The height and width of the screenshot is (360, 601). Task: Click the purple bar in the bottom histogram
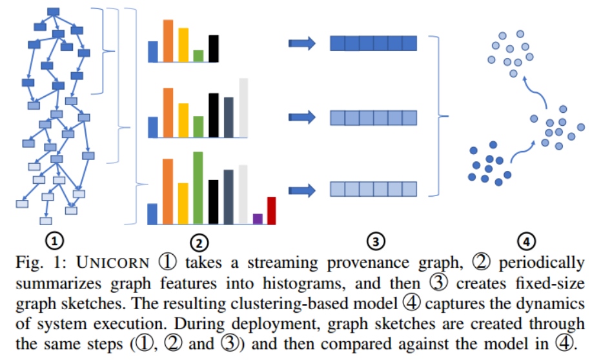[x=258, y=219]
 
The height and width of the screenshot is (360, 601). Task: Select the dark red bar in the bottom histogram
[x=271, y=210]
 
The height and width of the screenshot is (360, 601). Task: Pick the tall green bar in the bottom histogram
[x=198, y=188]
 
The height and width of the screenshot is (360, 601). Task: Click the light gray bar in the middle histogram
[x=243, y=108]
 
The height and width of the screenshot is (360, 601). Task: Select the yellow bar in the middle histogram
[x=183, y=120]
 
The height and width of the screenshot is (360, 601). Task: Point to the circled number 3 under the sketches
[x=374, y=241]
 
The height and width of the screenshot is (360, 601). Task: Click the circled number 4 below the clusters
[x=527, y=241]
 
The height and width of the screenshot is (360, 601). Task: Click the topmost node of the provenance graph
[x=54, y=12]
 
